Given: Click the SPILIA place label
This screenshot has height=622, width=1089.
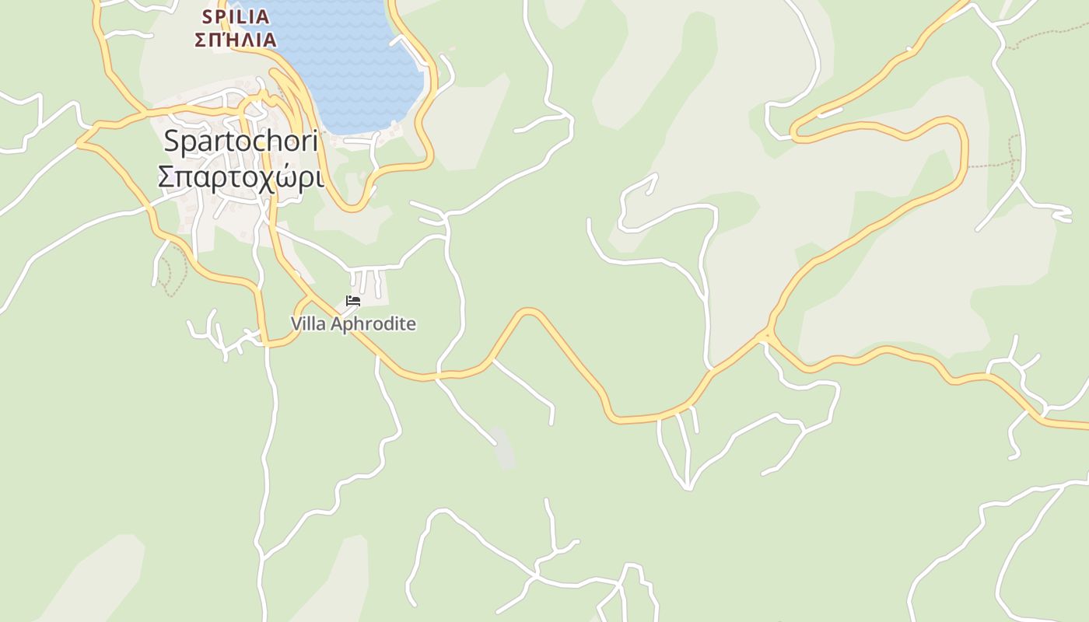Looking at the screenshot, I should click(235, 16).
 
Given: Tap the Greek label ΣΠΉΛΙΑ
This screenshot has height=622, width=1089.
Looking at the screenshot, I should click(235, 39).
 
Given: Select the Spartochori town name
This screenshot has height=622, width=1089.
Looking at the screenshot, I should click(240, 142).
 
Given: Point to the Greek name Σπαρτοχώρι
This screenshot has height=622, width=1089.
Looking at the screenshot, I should click(240, 177).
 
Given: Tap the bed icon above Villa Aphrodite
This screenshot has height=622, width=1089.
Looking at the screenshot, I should click(353, 300).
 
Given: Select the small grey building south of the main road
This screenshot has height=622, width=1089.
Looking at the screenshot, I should click(503, 449).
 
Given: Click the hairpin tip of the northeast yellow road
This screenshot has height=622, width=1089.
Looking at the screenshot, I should click(794, 131).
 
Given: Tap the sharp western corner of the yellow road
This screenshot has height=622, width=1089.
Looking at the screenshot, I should click(79, 143).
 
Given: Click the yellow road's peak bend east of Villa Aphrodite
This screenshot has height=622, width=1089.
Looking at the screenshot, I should click(529, 312).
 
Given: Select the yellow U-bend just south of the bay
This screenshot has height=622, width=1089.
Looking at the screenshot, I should click(352, 208).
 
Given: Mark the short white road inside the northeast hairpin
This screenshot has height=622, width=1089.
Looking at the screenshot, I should click(830, 113).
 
